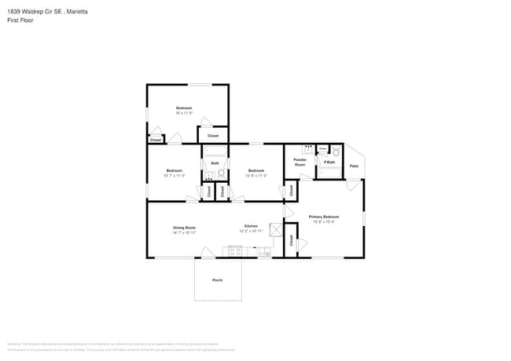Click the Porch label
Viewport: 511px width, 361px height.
click(x=217, y=280)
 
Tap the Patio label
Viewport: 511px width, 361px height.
click(x=354, y=166)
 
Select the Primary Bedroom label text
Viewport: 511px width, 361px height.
click(x=323, y=217)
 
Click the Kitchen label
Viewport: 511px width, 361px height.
click(x=251, y=226)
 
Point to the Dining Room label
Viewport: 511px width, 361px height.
click(x=184, y=228)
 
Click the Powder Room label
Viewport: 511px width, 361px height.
click(x=300, y=162)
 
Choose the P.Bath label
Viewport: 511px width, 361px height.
click(x=329, y=162)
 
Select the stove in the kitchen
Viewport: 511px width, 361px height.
click(x=235, y=251)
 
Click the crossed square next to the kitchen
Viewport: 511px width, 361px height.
click(x=276, y=229)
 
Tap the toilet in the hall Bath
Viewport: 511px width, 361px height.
click(x=222, y=173)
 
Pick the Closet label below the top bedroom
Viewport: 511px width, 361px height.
click(x=213, y=136)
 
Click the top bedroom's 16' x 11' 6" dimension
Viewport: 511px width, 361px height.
click(x=184, y=113)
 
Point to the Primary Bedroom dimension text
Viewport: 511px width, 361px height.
click(x=323, y=222)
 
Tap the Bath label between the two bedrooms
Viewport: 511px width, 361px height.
click(x=215, y=163)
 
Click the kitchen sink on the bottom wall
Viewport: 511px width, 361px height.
click(x=264, y=251)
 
